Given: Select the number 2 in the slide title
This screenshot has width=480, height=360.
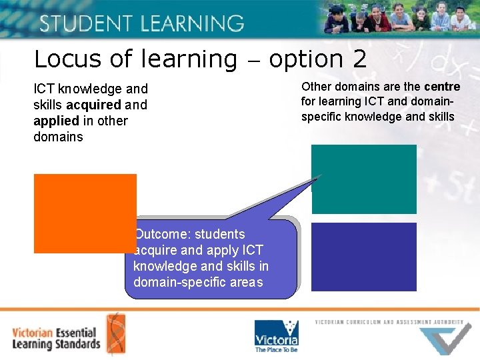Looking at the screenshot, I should pyautogui.click(x=359, y=59).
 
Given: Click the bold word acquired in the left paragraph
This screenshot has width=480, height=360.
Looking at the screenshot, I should pyautogui.click(x=93, y=105).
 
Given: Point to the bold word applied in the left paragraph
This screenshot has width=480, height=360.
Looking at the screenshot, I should pyautogui.click(x=57, y=121).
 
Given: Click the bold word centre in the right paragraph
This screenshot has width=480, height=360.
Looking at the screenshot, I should pyautogui.click(x=442, y=87).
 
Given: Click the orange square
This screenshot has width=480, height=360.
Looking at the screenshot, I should pyautogui.click(x=85, y=213).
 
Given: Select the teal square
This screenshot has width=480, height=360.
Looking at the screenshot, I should pyautogui.click(x=364, y=179).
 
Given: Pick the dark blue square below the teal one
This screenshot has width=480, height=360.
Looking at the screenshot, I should pyautogui.click(x=364, y=257).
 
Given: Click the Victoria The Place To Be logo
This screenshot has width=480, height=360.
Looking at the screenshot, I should pyautogui.click(x=276, y=335).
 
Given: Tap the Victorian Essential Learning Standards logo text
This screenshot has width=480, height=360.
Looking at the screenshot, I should pyautogui.click(x=56, y=338).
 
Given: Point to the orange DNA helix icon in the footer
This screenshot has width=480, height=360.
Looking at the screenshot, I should pyautogui.click(x=114, y=333).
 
